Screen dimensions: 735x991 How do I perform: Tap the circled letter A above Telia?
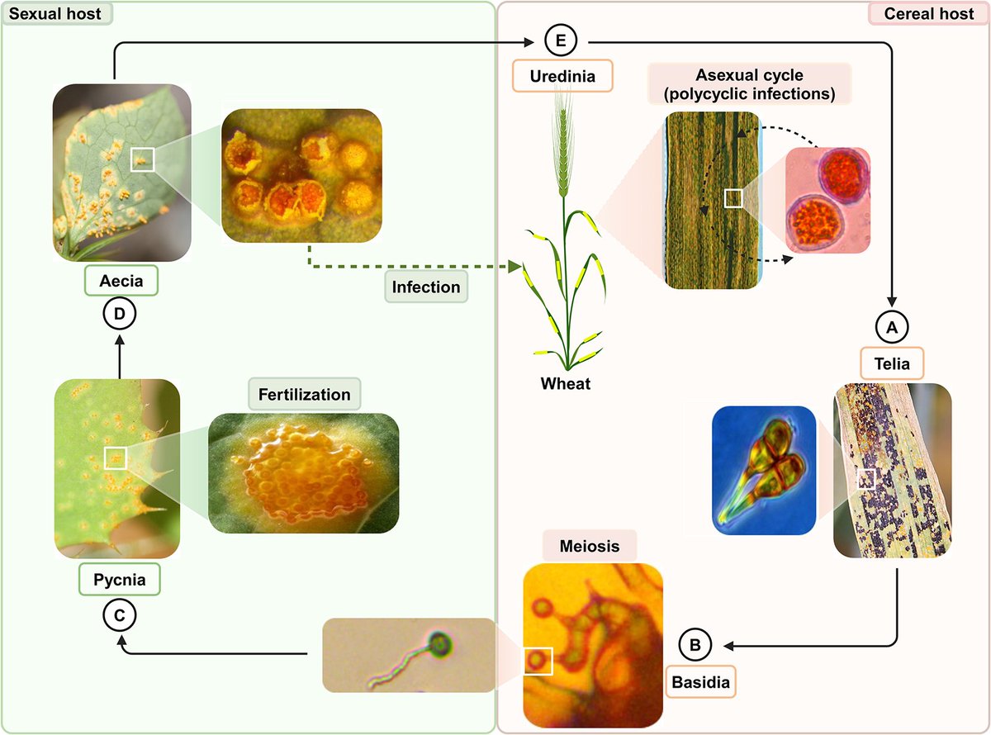[891, 327]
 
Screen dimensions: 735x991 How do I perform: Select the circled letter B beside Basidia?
[695, 643]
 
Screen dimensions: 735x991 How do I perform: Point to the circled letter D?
[120, 314]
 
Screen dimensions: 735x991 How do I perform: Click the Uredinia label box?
[562, 78]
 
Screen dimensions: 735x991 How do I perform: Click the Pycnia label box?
[120, 580]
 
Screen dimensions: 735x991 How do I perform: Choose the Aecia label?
[121, 282]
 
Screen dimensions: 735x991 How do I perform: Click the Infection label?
[426, 287]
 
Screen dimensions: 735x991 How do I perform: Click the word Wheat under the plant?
[566, 384]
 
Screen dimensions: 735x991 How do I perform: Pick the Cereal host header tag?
[925, 13]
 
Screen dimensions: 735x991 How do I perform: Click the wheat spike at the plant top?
[567, 140]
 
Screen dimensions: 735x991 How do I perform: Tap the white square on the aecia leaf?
[142, 159]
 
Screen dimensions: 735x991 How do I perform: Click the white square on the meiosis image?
[538, 661]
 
